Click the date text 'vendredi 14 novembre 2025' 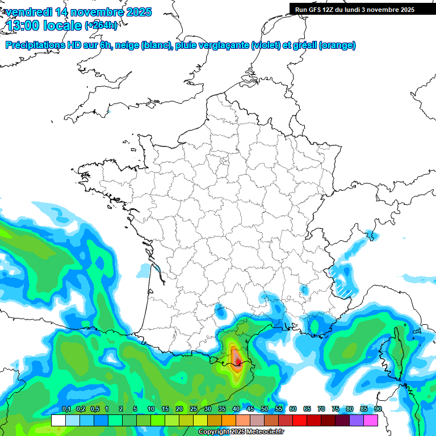click(x=79, y=12)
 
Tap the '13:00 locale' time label click(x=44, y=25)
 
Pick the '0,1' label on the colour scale click(x=66, y=409)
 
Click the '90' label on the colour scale click(x=378, y=409)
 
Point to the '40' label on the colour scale click(x=236, y=409)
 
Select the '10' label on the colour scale click(x=150, y=409)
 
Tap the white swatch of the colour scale click(x=58, y=420)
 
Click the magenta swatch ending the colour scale click(x=371, y=420)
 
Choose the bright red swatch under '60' click(x=300, y=420)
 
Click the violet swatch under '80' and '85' click(x=357, y=420)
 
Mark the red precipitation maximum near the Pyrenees click(x=238, y=362)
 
